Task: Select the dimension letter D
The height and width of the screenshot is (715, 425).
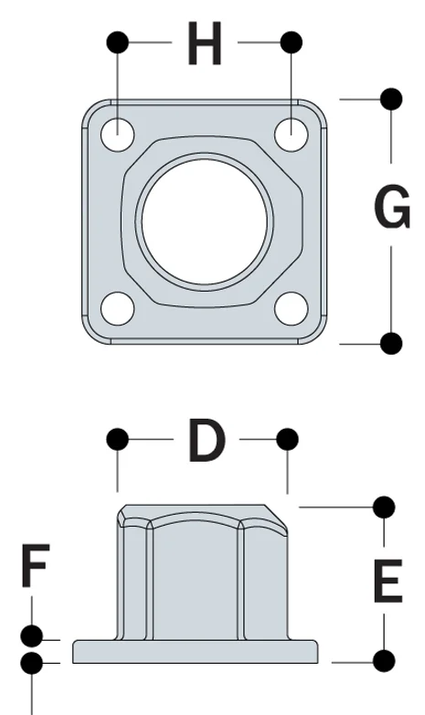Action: pos(206,441)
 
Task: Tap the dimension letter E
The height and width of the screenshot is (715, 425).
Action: pos(388,582)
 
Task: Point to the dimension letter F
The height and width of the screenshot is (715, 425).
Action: pos(34,567)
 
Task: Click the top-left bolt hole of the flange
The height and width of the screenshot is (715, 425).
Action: pos(118,134)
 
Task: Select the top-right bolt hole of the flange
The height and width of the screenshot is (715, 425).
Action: pos(292,134)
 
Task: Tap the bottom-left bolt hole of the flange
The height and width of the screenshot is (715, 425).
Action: pos(118,308)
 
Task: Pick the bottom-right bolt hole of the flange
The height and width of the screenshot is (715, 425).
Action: pos(292,308)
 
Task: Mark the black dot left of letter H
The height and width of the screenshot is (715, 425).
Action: pos(117,42)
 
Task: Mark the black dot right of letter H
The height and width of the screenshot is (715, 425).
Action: pos(292,42)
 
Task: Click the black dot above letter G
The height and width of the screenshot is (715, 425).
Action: pos(391,98)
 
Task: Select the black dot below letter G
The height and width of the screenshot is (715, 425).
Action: pos(391,343)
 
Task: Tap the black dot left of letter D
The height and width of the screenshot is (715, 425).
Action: pos(117,440)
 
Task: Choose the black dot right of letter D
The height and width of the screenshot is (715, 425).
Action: pos(287,440)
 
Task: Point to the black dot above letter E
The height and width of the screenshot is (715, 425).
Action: pos(385,506)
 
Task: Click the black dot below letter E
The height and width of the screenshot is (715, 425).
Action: pos(385,659)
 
